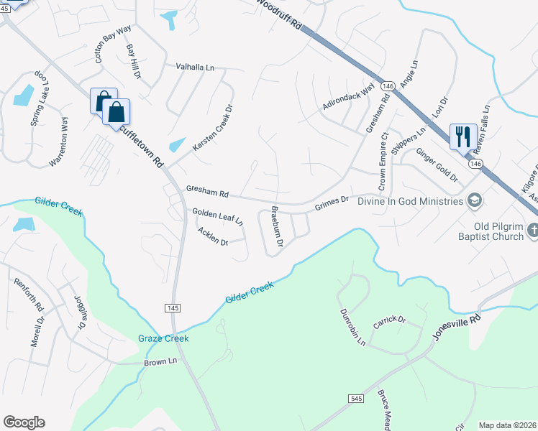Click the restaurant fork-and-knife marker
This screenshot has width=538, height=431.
(x=461, y=135)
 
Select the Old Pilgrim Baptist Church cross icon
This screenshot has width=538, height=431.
(x=532, y=230)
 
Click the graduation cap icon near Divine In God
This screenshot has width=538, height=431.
(x=474, y=200)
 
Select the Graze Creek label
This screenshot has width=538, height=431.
(x=163, y=338)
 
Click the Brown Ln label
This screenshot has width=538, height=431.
(x=160, y=361)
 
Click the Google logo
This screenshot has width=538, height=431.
(x=24, y=422)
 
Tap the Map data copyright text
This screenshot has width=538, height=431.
(x=507, y=425)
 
